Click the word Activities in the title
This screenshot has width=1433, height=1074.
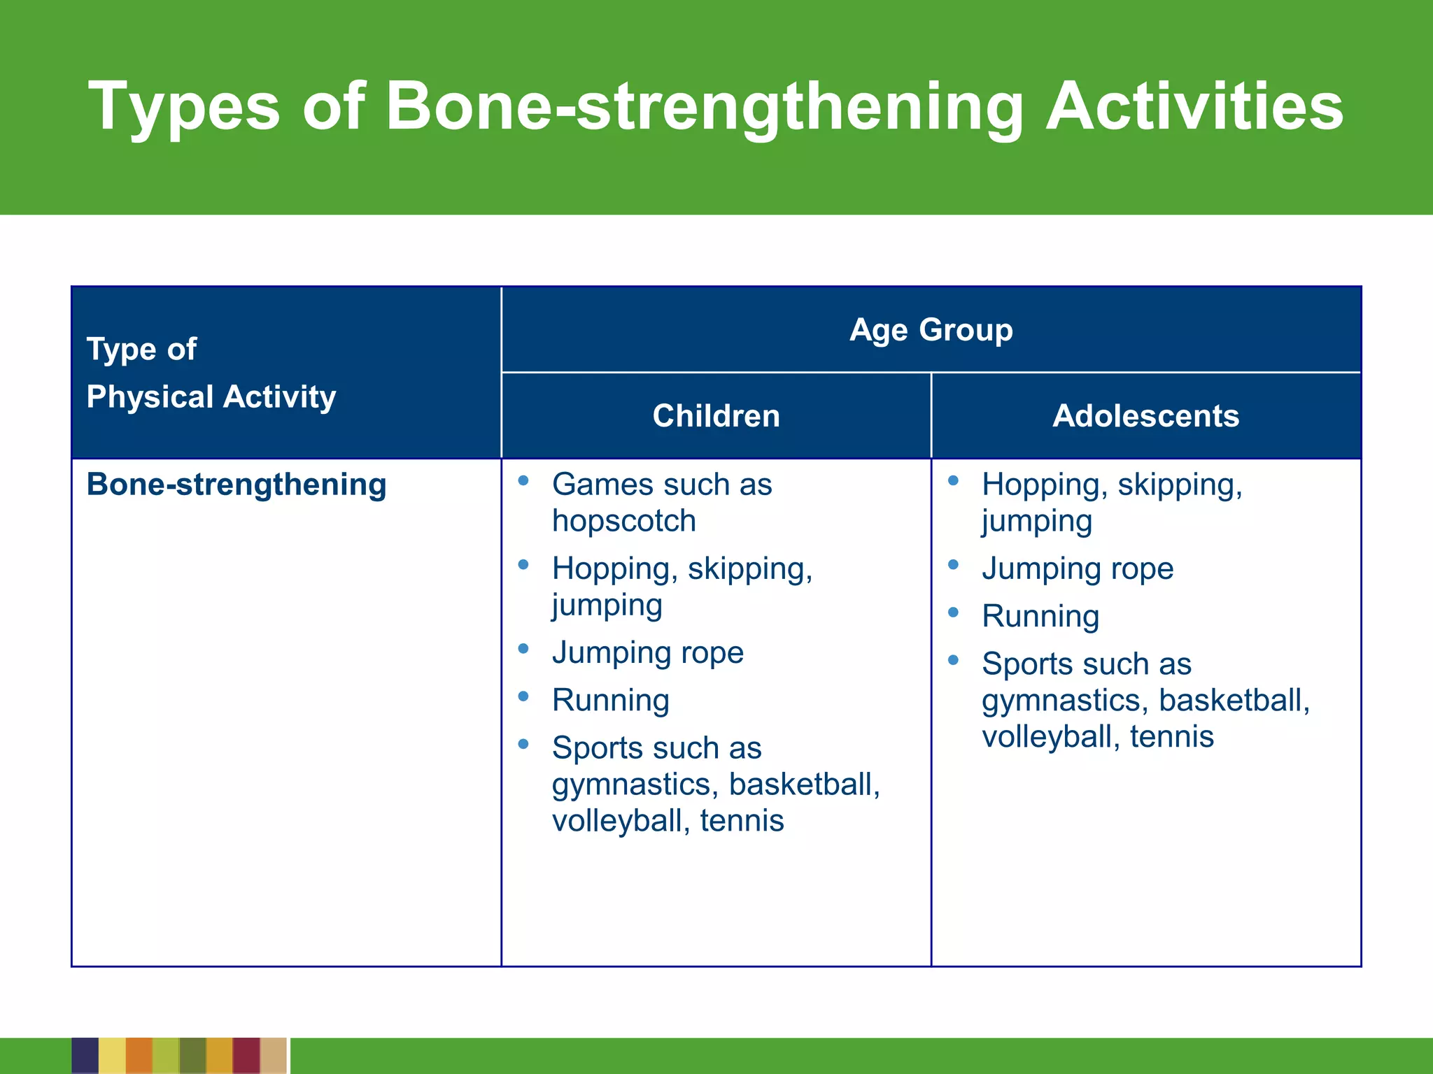coord(1194,106)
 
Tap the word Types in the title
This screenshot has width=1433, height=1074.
coord(183,106)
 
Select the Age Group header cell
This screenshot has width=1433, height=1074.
coord(931,329)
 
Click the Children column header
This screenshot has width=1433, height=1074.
coord(716,416)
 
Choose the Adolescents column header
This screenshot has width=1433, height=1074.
coord(1145,416)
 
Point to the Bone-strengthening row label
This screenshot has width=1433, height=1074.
coord(237,485)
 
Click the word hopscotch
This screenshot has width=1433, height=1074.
coord(623,521)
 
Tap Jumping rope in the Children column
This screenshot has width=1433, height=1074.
coord(647,652)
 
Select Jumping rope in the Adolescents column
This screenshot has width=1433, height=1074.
coord(1077,568)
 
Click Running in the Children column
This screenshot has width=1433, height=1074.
coord(610,700)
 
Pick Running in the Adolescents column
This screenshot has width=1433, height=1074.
coord(1040,616)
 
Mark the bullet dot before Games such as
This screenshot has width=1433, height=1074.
coord(523,480)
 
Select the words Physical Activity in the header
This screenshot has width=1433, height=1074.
coord(211,397)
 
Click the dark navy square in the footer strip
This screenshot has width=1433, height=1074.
coord(85,1056)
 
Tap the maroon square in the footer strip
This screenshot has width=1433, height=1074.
coord(246,1056)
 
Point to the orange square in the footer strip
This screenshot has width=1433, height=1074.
coord(139,1056)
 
